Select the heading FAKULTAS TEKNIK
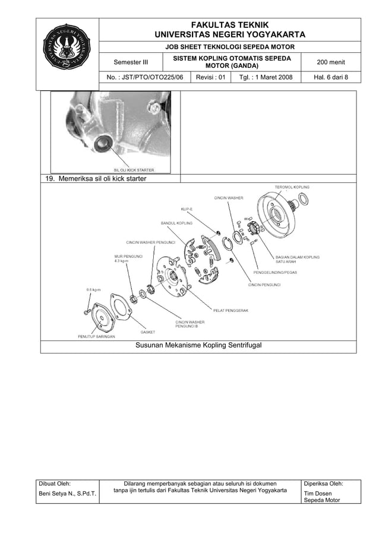pos(230,24)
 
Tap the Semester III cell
pos(131,62)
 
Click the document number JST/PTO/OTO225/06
pos(144,77)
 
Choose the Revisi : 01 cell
pos(211,77)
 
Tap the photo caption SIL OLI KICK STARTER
pos(134,170)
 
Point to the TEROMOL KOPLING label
pos(291,187)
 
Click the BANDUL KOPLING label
pos(176,223)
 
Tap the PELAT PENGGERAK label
pos(230,310)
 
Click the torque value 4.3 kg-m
pos(122,261)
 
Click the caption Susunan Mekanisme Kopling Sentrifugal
pos(198,346)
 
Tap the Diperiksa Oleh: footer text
pos(323,484)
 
